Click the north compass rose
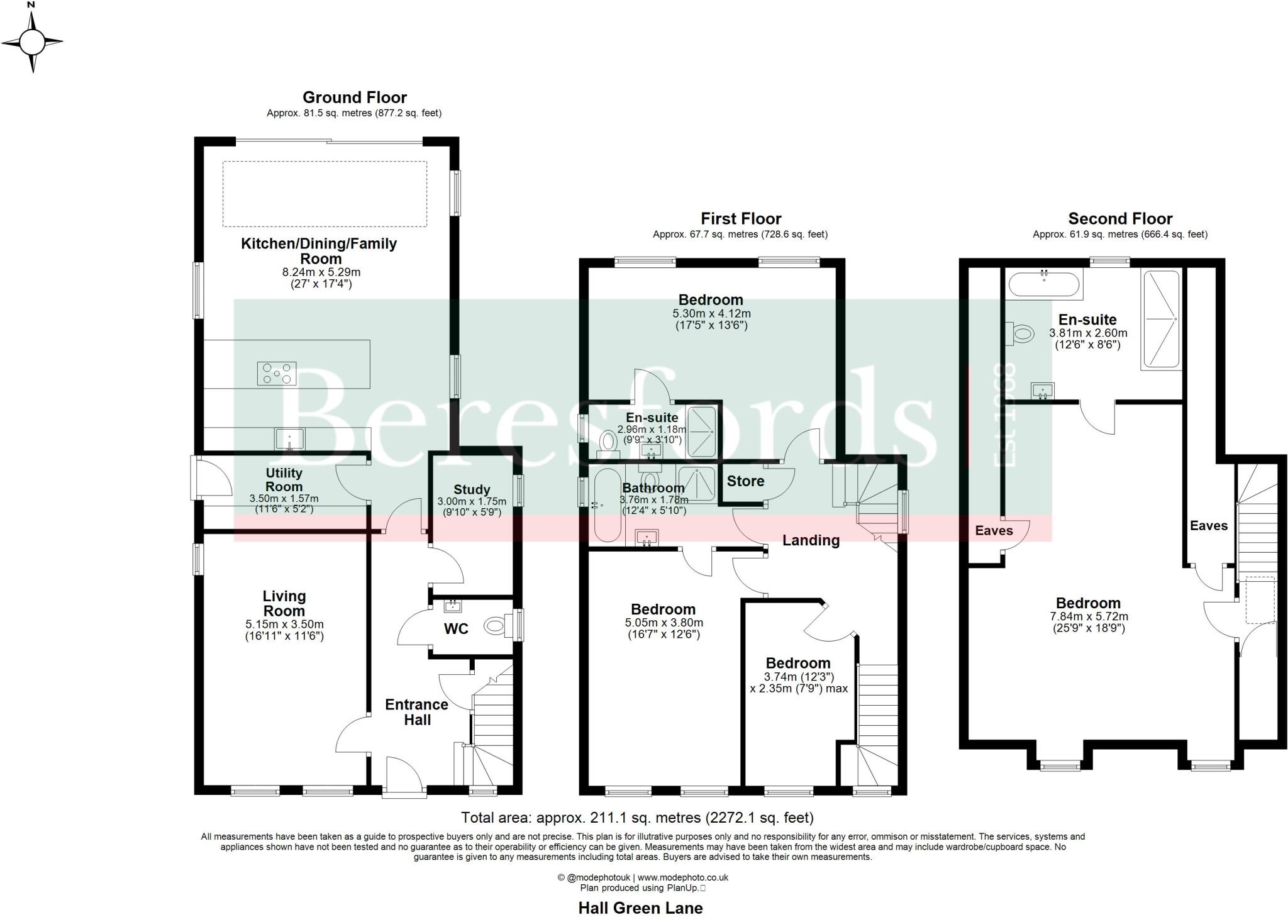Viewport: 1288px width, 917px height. [x=32, y=43]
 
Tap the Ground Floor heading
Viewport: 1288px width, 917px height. [x=355, y=97]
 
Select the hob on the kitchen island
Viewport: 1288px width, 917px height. [x=276, y=374]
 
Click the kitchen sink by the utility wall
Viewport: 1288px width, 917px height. [x=289, y=438]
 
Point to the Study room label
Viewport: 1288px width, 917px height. [x=472, y=490]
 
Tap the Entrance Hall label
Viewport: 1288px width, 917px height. [x=417, y=712]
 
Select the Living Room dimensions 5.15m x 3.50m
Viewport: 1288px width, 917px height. [x=284, y=625]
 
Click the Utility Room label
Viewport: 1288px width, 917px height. [x=284, y=479]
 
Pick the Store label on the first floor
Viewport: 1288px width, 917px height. [x=746, y=481]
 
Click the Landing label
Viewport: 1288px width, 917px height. [x=811, y=540]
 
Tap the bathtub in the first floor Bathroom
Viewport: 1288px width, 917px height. [x=606, y=505]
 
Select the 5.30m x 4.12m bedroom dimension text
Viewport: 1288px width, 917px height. [x=711, y=313]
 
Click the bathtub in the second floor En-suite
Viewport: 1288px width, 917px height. [x=1045, y=284]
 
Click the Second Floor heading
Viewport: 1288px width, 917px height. [x=1120, y=219]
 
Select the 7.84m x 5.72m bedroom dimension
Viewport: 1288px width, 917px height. [x=1089, y=616]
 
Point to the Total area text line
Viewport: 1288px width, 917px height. [x=637, y=818]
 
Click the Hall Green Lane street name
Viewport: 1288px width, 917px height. [x=640, y=908]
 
